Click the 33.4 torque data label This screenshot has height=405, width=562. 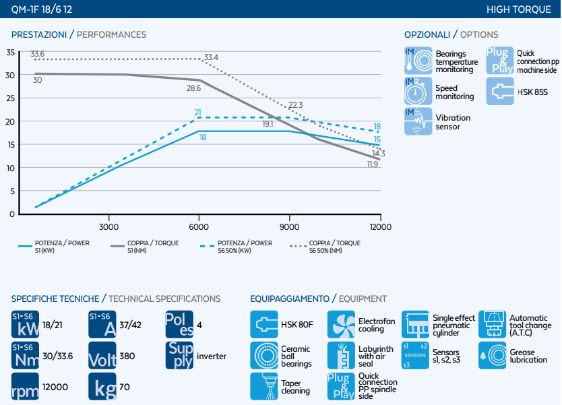(x=211, y=57)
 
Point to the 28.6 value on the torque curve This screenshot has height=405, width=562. (x=193, y=88)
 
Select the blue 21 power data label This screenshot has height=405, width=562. (x=198, y=113)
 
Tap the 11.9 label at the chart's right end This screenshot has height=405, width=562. (x=373, y=164)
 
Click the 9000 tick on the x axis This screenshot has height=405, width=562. (x=289, y=227)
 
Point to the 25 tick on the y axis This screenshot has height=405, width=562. (x=10, y=98)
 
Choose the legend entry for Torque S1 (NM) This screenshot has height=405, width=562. (x=145, y=246)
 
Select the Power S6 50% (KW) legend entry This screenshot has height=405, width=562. (x=237, y=246)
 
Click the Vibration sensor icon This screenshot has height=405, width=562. (x=418, y=121)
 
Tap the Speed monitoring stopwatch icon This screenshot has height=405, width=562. (x=418, y=91)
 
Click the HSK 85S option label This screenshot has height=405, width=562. (x=532, y=92)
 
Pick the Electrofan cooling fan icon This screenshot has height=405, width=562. (x=341, y=324)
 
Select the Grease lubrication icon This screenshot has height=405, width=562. (x=493, y=355)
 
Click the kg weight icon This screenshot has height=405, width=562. (x=102, y=386)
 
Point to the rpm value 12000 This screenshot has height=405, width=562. (x=55, y=387)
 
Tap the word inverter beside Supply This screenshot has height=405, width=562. (x=212, y=356)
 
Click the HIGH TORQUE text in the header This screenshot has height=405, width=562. (x=519, y=9)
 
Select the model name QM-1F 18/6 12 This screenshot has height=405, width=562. (x=42, y=9)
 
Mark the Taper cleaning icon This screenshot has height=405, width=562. (x=264, y=386)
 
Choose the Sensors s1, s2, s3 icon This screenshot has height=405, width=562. (x=415, y=355)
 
